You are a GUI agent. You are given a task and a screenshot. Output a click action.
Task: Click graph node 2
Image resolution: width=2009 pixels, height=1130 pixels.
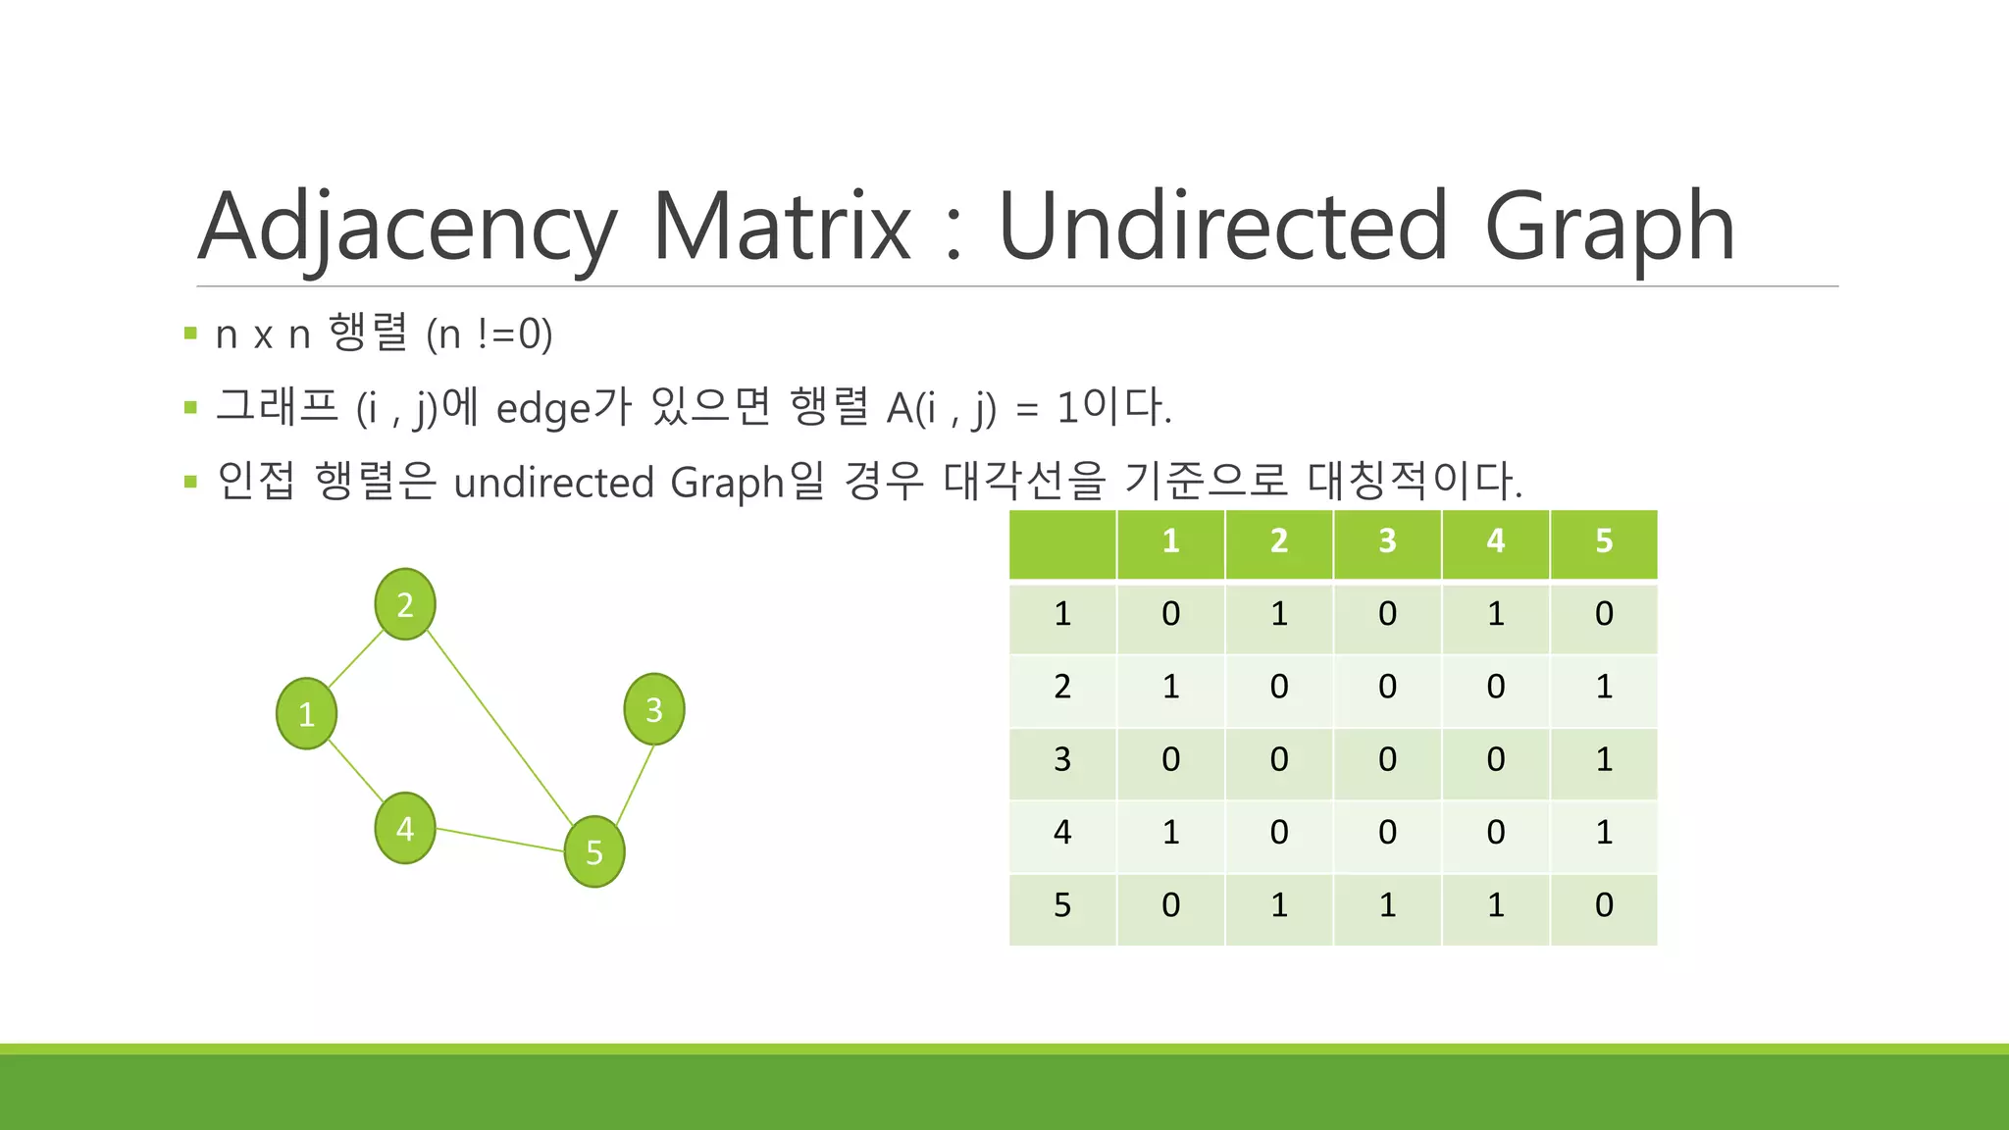(405, 604)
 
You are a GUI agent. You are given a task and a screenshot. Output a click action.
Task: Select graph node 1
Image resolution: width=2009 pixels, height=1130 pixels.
(307, 713)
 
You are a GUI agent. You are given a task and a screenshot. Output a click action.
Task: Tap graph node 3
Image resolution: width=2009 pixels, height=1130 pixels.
(654, 709)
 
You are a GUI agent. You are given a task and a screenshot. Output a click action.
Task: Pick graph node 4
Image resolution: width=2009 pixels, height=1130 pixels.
(405, 829)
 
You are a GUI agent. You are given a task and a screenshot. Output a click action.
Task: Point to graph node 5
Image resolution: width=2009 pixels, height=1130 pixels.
(594, 851)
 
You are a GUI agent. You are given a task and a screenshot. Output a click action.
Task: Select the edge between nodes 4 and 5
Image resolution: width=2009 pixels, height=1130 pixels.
(500, 841)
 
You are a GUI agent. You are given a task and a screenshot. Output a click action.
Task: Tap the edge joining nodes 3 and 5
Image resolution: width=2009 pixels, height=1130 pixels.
(636, 783)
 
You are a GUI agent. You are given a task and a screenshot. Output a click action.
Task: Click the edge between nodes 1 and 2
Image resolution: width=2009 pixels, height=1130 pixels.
(355, 658)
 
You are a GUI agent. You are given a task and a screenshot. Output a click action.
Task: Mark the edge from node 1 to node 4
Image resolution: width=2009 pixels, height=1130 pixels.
(355, 771)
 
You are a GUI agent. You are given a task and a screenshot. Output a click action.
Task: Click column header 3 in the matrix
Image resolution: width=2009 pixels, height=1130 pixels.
(1387, 541)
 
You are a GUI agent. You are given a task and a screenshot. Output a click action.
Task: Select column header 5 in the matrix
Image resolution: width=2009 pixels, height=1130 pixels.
(1604, 541)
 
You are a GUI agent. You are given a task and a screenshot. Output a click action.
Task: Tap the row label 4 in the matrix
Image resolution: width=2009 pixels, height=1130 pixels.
(1062, 833)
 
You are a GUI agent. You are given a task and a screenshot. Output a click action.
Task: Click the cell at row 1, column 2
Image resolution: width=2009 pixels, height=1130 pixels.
(1279, 614)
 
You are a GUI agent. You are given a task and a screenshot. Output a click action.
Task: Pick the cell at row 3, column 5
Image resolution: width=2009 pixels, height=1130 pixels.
(1604, 760)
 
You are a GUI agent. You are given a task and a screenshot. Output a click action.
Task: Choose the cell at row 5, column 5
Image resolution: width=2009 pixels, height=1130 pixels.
(1604, 905)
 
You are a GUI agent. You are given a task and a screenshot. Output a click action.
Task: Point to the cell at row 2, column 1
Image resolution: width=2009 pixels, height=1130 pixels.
(1170, 687)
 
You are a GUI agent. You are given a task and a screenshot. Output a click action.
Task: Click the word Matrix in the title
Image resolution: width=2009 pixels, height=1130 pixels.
(782, 227)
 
